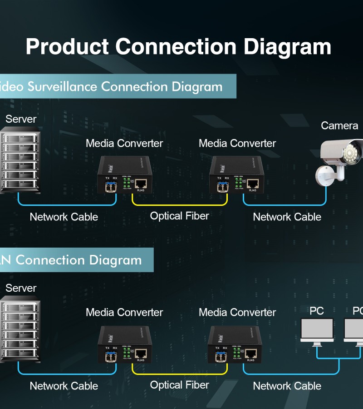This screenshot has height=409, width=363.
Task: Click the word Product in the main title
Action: pyautogui.click(x=67, y=47)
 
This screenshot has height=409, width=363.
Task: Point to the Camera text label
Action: pyautogui.click(x=339, y=125)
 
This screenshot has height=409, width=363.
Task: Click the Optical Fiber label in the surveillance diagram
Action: pyautogui.click(x=180, y=216)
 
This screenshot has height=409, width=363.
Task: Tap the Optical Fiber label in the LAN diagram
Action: pyautogui.click(x=180, y=385)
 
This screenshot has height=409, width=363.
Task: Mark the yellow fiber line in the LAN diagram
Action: pyautogui.click(x=180, y=374)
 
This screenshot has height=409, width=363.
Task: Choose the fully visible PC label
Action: pyautogui.click(x=317, y=311)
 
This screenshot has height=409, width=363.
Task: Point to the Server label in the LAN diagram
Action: pyautogui.click(x=21, y=288)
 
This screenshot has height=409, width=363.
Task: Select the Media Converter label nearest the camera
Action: pyautogui.click(x=237, y=144)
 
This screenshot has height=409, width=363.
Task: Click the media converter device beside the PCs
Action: pyautogui.click(x=235, y=344)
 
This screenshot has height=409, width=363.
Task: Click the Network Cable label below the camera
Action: pyautogui.click(x=287, y=217)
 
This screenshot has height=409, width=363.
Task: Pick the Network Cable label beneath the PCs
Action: pyautogui.click(x=287, y=386)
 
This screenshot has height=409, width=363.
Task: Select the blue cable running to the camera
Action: pyautogui.click(x=286, y=204)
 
